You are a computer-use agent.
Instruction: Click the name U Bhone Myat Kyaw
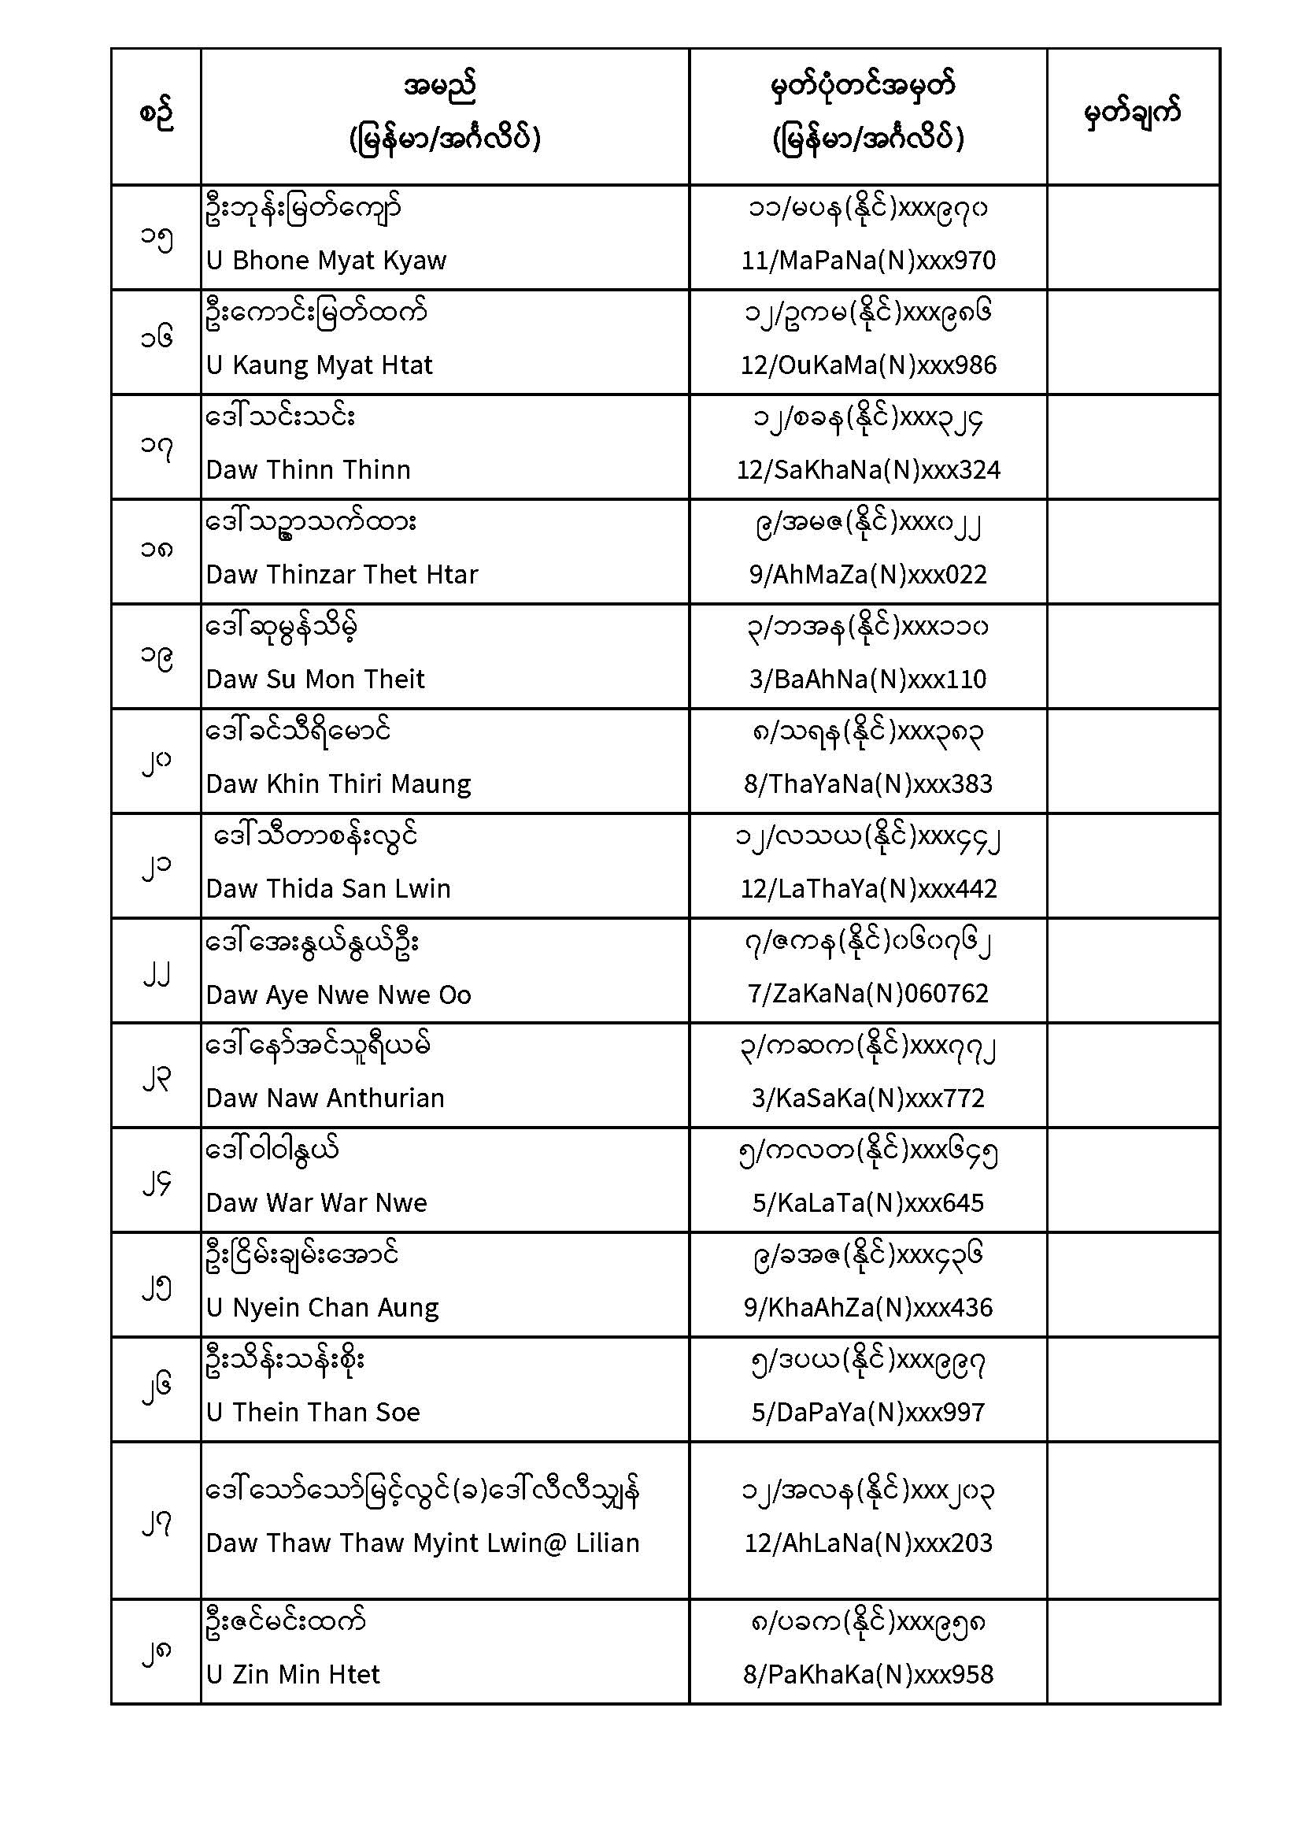(x=326, y=261)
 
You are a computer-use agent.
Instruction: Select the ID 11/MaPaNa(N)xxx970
(x=868, y=261)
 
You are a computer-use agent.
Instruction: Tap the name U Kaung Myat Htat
(x=319, y=365)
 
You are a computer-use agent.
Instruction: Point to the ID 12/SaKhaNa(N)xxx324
(x=868, y=470)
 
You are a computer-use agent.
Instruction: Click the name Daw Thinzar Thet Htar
(x=342, y=575)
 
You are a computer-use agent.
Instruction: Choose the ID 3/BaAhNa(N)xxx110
(x=868, y=680)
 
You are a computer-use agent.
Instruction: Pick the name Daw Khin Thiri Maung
(x=338, y=784)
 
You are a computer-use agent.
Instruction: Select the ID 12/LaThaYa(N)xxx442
(x=868, y=889)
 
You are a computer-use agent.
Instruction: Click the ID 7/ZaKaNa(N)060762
(x=868, y=995)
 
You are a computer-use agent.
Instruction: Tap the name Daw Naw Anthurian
(x=324, y=1098)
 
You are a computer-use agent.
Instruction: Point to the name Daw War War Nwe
(x=316, y=1203)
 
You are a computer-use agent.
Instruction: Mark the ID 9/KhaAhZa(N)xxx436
(x=868, y=1308)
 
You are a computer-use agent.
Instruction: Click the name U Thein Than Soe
(x=313, y=1413)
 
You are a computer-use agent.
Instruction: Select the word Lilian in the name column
(x=607, y=1543)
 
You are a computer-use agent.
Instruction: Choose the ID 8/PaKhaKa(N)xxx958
(x=868, y=1675)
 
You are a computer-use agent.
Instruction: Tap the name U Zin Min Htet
(x=293, y=1675)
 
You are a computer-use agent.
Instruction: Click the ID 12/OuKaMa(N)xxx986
(x=868, y=365)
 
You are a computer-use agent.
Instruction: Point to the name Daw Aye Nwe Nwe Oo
(x=338, y=995)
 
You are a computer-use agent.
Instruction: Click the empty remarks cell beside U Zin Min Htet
(x=1133, y=1652)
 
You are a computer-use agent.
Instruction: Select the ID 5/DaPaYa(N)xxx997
(x=868, y=1413)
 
